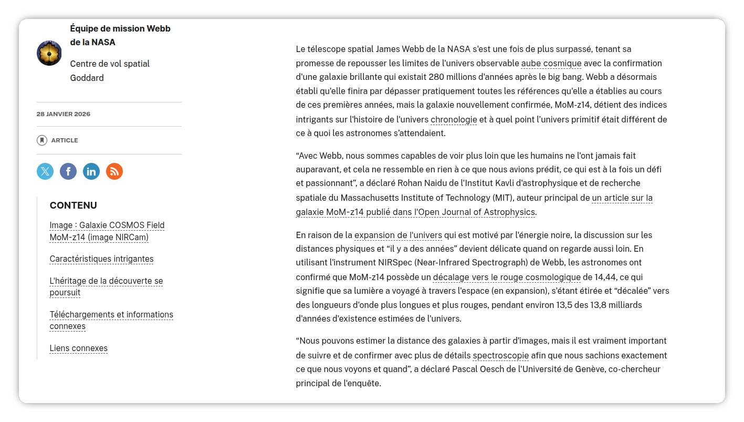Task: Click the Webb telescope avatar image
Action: coord(49,53)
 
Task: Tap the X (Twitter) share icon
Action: coord(45,171)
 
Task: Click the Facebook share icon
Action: coord(68,171)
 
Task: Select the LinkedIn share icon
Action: coord(91,171)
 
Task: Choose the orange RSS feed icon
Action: coord(114,171)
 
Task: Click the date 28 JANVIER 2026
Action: coord(64,114)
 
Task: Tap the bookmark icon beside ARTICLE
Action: coord(42,140)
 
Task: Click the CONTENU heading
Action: coord(74,205)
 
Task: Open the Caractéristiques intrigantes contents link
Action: coord(101,259)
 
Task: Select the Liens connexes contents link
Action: coord(78,348)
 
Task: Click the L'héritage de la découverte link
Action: coord(106,281)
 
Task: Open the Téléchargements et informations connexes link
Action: coord(111,315)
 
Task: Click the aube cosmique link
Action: coord(551,64)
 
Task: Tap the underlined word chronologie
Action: coord(454,120)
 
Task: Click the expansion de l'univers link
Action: coord(398,235)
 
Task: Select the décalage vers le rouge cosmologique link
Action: coord(507,277)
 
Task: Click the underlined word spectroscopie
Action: coord(501,356)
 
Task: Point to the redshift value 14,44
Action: coord(605,277)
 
